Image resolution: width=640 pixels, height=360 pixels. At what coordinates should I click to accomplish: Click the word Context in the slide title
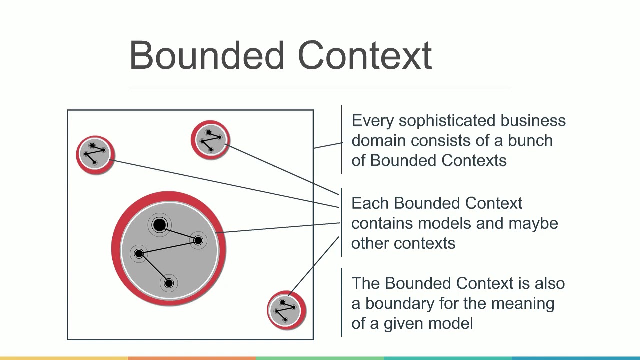coord(365,55)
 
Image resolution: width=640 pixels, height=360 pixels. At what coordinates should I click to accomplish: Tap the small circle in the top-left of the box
coord(95,155)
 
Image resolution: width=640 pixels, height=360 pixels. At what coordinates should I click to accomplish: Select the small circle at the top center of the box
coord(210,140)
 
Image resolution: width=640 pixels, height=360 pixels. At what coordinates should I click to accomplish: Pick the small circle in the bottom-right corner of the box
coord(286,310)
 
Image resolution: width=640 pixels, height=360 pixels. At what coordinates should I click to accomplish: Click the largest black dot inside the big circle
coord(159,225)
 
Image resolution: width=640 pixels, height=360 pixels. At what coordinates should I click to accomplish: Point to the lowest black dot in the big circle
coord(169,283)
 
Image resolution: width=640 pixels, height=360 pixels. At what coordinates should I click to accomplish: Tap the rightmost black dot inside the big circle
coord(198,241)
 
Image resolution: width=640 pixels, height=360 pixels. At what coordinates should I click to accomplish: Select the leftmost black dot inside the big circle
coord(139,254)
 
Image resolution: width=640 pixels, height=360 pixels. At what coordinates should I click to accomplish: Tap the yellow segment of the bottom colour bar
coord(64,358)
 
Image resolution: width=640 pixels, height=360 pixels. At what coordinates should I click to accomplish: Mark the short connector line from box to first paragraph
coord(328,145)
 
